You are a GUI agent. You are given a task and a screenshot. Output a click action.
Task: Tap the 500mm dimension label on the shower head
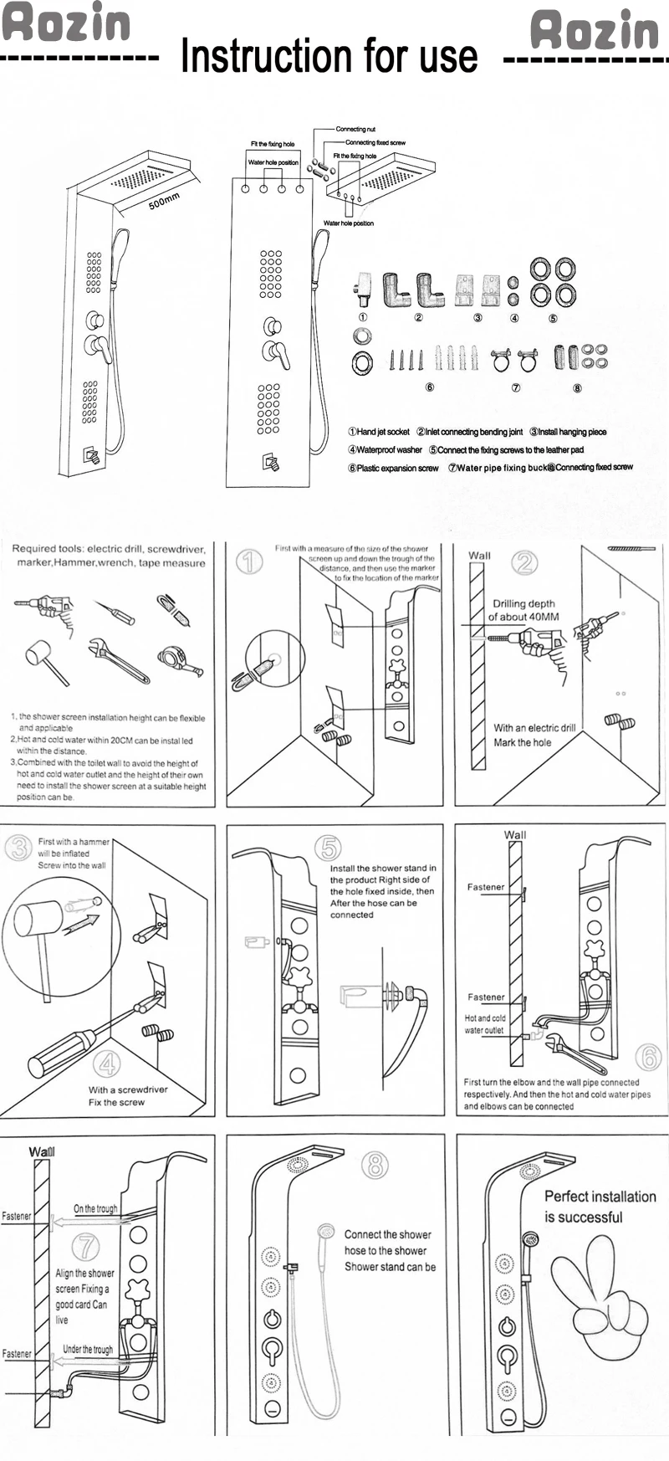(164, 201)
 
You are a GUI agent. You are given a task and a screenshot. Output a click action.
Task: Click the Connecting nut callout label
(355, 129)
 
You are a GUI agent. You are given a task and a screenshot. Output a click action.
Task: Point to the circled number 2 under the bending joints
(418, 318)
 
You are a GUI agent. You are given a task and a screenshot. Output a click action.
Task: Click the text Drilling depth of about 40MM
(523, 610)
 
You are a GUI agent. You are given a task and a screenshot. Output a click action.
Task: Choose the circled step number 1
(248, 561)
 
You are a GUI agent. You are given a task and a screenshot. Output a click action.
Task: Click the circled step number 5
(327, 847)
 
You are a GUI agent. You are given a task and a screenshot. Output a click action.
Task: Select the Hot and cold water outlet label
(485, 1024)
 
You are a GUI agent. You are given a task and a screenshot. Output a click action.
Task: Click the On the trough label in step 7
(95, 1208)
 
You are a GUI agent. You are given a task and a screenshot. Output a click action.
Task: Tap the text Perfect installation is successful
(600, 1206)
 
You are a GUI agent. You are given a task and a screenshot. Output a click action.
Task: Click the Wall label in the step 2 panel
(480, 556)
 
